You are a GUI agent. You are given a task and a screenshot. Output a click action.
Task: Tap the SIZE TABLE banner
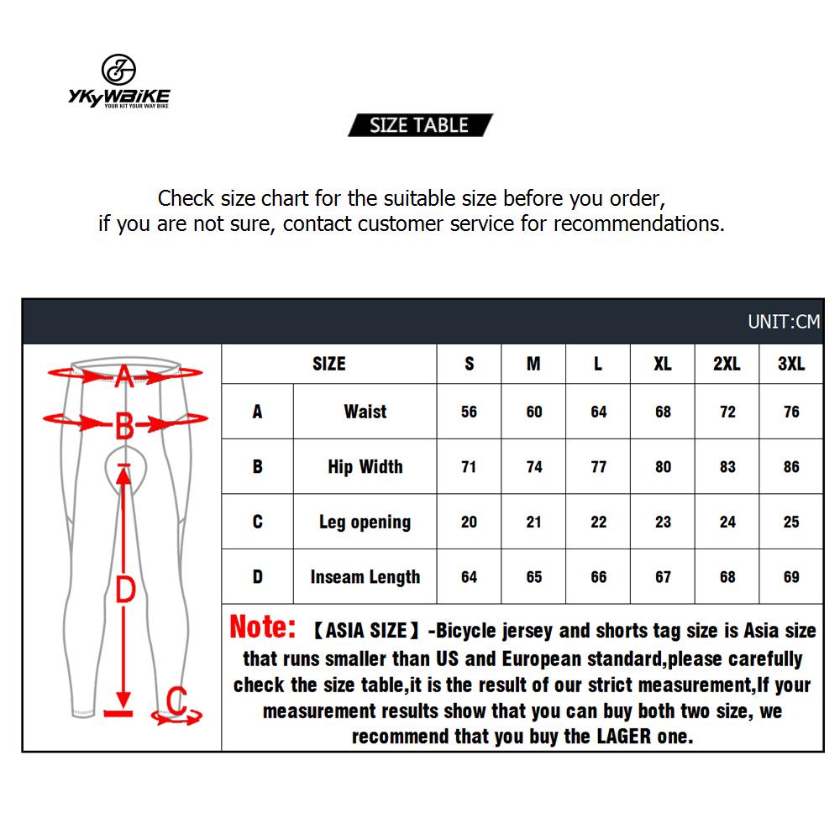419,125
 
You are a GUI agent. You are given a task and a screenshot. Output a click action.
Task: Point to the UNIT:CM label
783,322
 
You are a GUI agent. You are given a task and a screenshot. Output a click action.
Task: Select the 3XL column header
791,364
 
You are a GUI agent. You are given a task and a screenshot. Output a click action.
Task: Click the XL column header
663,364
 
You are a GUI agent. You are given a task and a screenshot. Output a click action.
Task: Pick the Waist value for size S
469,412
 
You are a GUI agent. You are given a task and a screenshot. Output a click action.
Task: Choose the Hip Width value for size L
598,467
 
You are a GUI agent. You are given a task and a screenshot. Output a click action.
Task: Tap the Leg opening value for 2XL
727,522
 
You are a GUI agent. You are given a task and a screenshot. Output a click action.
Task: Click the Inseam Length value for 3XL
791,577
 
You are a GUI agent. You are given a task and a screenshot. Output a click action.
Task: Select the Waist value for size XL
663,412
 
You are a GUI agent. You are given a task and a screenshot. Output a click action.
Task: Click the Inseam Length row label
365,577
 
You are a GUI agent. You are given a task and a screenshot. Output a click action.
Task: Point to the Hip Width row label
365,467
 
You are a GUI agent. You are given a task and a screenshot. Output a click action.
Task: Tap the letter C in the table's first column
257,522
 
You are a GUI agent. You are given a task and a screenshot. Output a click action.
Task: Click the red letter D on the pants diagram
124,590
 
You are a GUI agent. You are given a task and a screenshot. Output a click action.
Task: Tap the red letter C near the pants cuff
176,700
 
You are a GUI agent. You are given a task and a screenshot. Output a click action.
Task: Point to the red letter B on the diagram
123,427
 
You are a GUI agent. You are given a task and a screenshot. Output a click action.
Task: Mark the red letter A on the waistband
123,375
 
